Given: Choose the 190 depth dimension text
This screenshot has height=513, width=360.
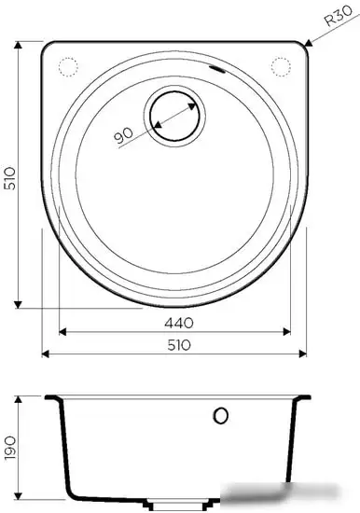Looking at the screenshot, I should tap(9, 451).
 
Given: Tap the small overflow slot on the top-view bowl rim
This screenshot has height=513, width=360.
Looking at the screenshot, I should tap(217, 71).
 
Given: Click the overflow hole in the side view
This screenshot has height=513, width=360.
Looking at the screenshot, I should tap(221, 415).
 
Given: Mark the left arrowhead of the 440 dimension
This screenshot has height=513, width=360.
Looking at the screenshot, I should tap(62, 331).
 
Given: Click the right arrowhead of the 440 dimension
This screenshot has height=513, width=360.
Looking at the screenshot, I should tap(289, 331).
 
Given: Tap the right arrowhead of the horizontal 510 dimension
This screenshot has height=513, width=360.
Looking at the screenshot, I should tap(306, 354).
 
